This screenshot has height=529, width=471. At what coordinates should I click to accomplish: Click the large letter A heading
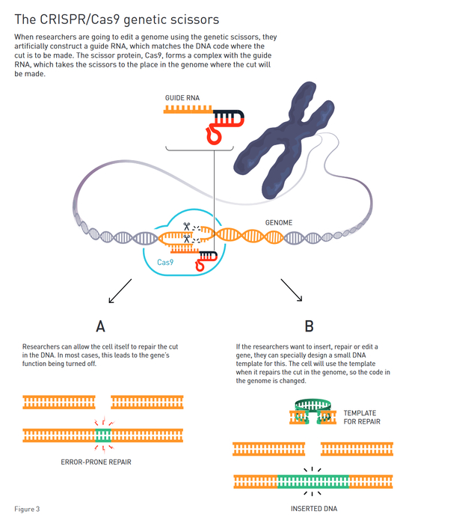coord(100,326)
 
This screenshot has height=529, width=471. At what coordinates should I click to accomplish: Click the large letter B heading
coord(310,326)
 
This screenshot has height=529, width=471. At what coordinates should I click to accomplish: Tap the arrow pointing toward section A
coord(120,292)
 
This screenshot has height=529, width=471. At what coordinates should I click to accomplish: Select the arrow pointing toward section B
coord(292,290)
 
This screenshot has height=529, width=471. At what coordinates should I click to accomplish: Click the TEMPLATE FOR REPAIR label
coord(360,418)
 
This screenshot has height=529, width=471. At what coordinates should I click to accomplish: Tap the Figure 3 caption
coord(27,509)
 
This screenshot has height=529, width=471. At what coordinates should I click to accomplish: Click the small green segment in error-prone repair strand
coord(102,434)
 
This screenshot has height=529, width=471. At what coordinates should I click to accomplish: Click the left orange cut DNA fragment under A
coord(59,403)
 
